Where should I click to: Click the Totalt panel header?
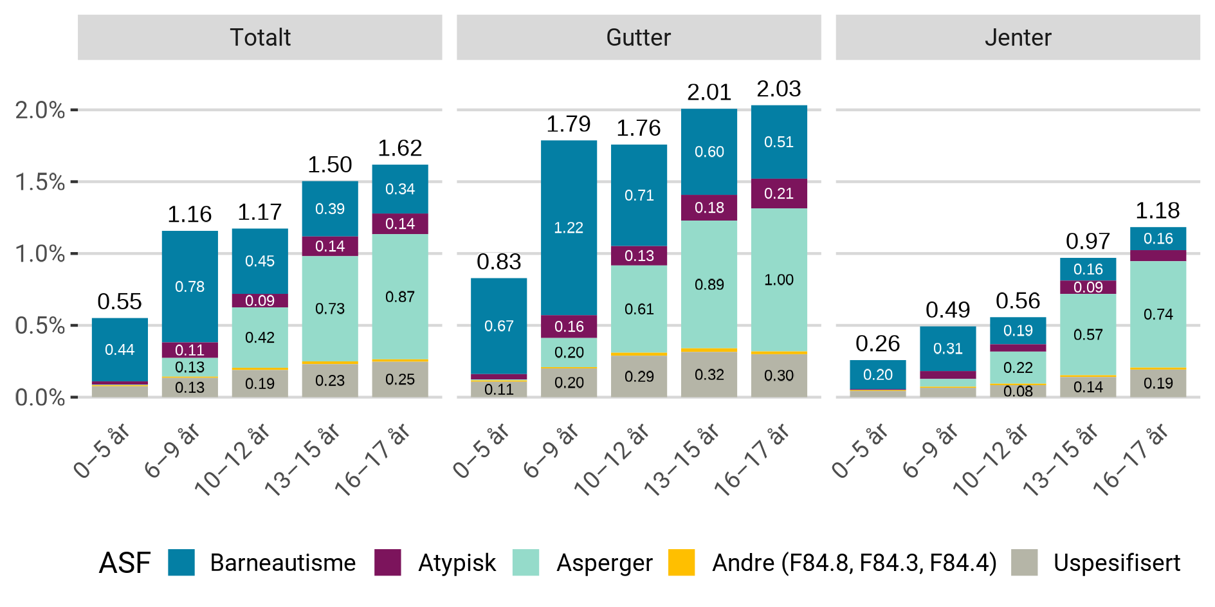(260, 37)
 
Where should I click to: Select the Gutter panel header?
(639, 37)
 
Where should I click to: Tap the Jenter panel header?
(1018, 37)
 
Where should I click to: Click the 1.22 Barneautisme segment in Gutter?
(569, 228)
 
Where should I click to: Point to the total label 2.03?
(779, 89)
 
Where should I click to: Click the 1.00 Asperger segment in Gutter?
(779, 280)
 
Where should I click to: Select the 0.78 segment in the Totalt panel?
(190, 287)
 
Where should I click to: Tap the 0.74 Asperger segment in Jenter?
(1158, 314)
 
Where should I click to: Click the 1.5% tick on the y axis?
(40, 182)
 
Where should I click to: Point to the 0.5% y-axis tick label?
(40, 325)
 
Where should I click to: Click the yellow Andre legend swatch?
(682, 562)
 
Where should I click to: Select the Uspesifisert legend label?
(1117, 563)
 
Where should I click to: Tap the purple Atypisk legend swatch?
(388, 562)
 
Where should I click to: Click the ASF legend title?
(124, 563)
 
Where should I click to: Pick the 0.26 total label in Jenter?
(877, 343)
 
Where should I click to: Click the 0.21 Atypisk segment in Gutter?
(779, 194)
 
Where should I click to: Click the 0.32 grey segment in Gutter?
(709, 374)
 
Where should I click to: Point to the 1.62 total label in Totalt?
(399, 148)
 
